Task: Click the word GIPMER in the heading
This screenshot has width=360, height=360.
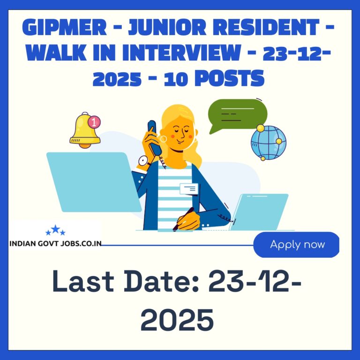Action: tap(65, 27)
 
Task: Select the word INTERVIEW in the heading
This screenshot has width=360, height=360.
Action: tap(181, 52)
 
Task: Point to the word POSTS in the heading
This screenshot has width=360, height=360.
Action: tap(229, 78)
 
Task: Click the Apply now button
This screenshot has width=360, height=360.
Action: tap(296, 245)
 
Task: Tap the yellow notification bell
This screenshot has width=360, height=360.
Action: tap(85, 130)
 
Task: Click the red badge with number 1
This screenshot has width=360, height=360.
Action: tap(94, 122)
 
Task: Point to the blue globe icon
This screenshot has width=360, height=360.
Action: tap(268, 142)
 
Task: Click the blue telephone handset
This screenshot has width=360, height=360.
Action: tap(154, 137)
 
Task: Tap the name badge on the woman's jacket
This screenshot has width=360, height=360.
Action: tap(189, 189)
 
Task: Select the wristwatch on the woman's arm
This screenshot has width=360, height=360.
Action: tap(144, 161)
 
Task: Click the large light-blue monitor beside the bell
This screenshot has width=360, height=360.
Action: tap(94, 182)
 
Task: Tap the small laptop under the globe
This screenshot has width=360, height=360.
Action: tap(259, 212)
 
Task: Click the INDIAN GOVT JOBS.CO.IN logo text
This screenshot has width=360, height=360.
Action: tap(55, 244)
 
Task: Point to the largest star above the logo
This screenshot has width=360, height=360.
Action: tap(55, 229)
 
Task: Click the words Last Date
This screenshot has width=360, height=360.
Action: tap(126, 281)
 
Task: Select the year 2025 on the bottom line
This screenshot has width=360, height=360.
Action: tap(177, 320)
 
